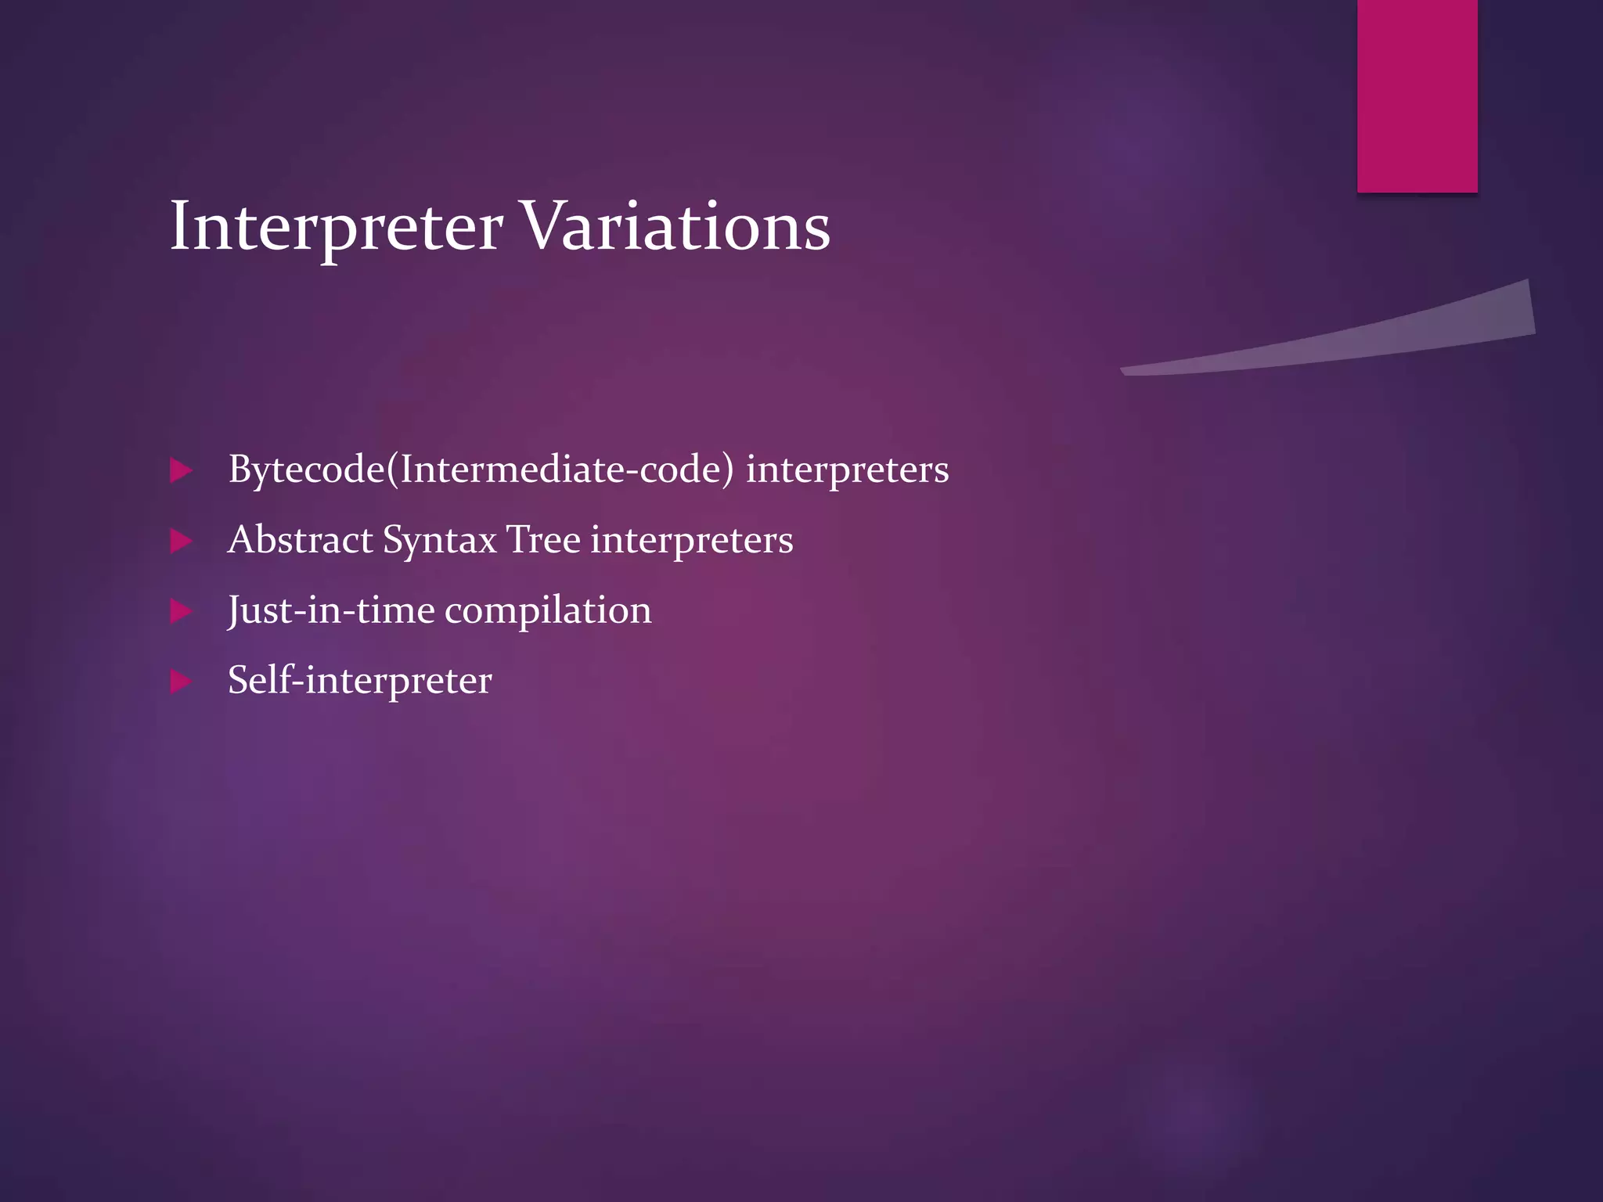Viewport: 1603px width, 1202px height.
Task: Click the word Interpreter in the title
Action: (x=337, y=227)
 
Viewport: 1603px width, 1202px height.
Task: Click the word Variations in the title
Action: (x=675, y=227)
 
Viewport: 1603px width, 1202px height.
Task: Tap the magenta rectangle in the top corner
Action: (x=1417, y=95)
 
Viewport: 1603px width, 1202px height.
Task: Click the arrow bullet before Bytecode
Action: (x=181, y=470)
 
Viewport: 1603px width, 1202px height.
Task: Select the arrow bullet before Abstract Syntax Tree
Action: (x=181, y=541)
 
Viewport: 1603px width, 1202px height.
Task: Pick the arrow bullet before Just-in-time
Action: (x=181, y=611)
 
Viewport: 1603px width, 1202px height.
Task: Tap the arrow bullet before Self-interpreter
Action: (x=181, y=681)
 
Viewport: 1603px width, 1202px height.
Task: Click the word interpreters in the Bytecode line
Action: (x=847, y=470)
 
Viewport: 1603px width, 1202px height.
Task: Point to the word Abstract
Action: (x=301, y=540)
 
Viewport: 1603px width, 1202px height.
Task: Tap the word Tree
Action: (x=543, y=540)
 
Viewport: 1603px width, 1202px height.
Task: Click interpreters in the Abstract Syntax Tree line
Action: (x=692, y=541)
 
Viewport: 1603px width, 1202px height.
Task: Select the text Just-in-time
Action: (x=331, y=610)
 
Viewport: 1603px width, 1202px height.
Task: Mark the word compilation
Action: (x=548, y=611)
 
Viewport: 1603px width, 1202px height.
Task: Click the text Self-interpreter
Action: (x=360, y=680)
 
